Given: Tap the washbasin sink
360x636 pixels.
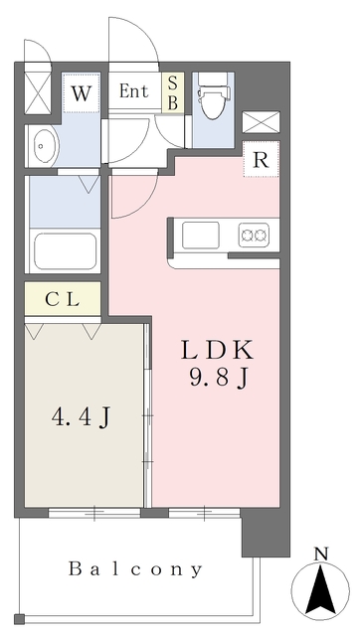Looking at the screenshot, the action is [42, 146].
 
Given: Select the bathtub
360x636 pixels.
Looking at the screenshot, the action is [65, 249].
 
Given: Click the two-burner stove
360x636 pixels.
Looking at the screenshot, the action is [254, 235].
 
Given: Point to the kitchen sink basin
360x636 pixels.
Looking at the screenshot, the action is [201, 235].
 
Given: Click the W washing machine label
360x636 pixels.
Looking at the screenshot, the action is [82, 93].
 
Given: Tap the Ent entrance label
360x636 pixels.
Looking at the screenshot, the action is [133, 90].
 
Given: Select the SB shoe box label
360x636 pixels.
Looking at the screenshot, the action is [173, 92].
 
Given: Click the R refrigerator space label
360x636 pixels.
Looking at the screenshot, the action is [261, 161].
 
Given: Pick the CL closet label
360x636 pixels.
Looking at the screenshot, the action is [62, 300].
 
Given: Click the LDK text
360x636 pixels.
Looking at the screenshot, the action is [217, 350].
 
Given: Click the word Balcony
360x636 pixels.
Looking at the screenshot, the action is [135, 569].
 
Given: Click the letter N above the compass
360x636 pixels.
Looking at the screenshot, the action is [321, 554].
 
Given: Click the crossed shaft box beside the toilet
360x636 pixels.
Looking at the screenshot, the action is [261, 122].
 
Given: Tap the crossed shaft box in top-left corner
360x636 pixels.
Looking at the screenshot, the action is [38, 93].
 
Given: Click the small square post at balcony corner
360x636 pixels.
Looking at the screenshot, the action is [19, 619].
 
